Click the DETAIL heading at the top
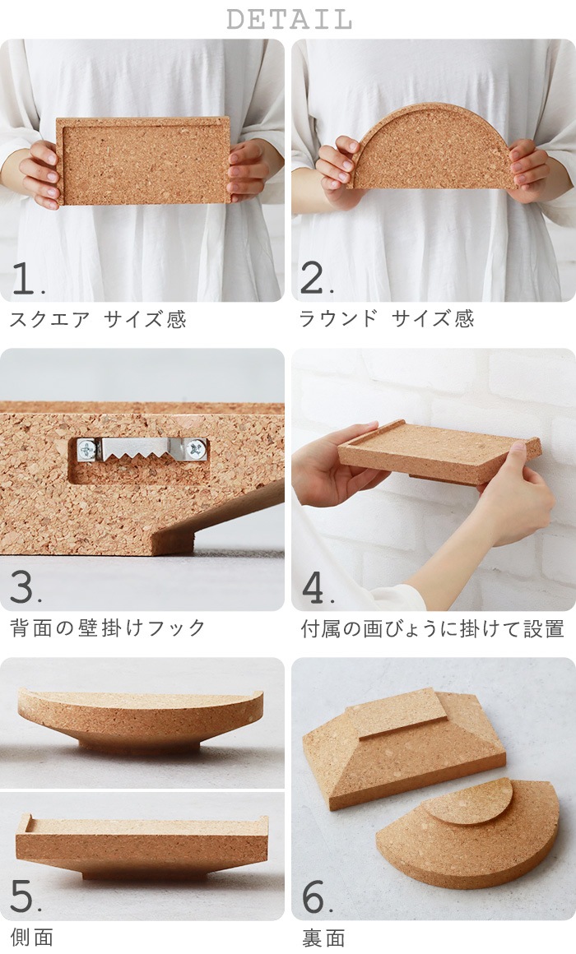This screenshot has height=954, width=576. click(288, 18)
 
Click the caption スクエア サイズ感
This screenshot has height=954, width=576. click(98, 319)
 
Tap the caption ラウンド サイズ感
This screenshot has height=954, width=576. click(387, 319)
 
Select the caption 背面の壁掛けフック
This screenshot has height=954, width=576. click(108, 628)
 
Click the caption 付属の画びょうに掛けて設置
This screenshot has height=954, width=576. click(432, 629)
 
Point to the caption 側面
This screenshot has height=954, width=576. click(31, 938)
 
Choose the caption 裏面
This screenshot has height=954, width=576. click(323, 938)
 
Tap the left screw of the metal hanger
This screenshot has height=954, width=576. click(86, 450)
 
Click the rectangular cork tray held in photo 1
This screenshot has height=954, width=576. click(143, 161)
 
